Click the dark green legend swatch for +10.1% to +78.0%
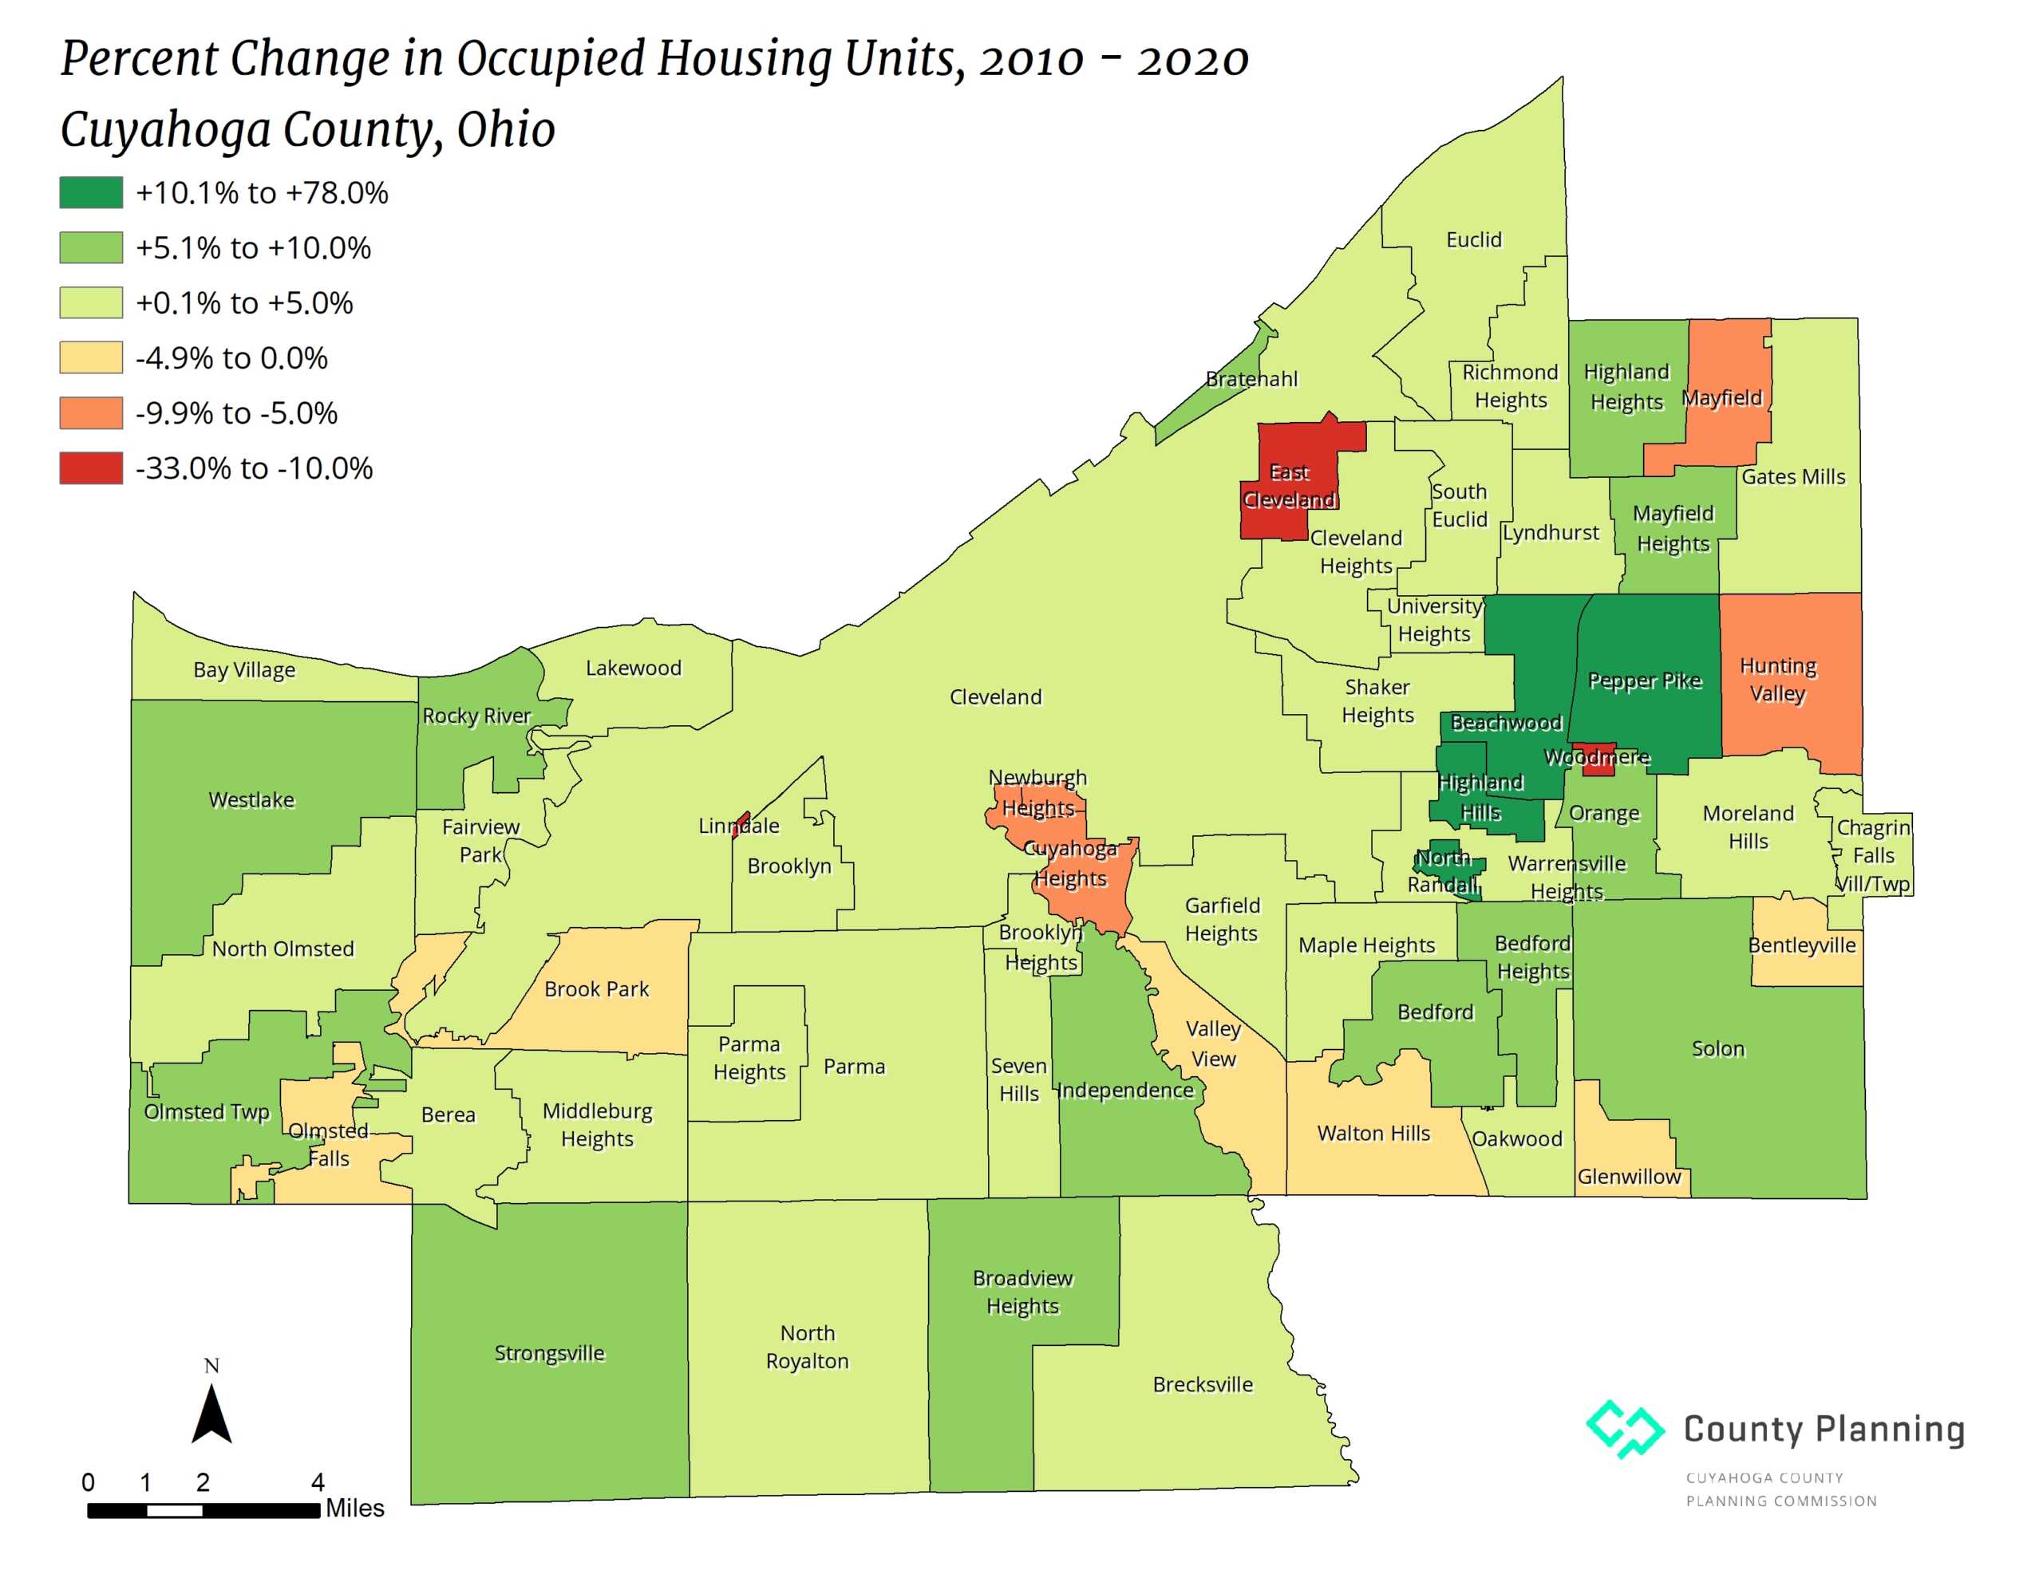coord(91,193)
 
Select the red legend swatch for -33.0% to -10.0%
coord(91,467)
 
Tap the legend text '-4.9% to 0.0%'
coord(231,358)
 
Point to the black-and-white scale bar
coord(203,1509)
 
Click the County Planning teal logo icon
coord(1624,1428)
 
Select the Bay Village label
coord(244,670)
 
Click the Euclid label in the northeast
coord(1473,239)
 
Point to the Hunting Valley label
coord(1777,679)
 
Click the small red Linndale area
coord(741,824)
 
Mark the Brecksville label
coord(1202,1384)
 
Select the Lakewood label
coord(634,668)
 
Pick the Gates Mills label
coord(1792,476)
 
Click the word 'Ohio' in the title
coord(505,129)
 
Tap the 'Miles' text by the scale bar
coord(354,1508)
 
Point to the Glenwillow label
coord(1629,1176)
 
